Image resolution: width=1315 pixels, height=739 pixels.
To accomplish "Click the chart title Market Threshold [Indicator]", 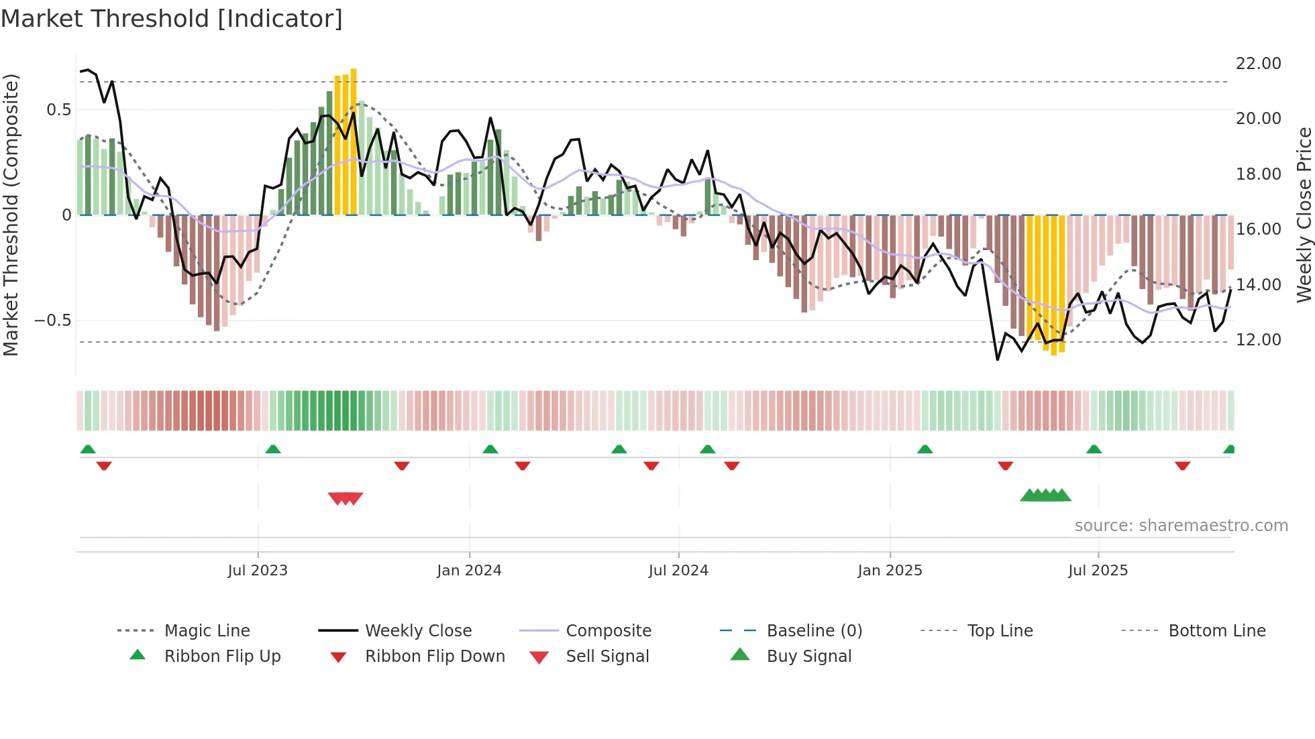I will (172, 19).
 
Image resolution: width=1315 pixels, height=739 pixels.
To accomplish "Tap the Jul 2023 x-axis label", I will (258, 571).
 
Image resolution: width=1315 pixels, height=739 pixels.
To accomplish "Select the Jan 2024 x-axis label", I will (469, 571).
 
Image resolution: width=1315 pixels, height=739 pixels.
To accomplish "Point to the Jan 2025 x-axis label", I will (890, 571).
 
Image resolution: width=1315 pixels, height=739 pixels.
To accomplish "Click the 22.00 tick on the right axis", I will (1258, 64).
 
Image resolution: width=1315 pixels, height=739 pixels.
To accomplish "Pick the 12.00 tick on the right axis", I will (1258, 340).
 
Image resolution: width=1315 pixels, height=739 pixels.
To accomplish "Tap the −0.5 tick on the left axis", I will (52, 321).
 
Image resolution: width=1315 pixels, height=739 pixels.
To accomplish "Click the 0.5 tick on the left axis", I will (58, 110).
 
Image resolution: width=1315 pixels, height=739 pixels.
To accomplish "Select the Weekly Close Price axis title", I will (1304, 215).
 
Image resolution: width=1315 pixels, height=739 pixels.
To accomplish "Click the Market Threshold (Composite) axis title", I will (11, 215).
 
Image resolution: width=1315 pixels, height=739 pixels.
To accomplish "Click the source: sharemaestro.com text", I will (1181, 526).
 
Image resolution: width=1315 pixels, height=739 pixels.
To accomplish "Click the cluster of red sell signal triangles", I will (346, 498).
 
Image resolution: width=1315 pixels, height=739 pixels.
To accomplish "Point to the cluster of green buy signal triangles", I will (1045, 496).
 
